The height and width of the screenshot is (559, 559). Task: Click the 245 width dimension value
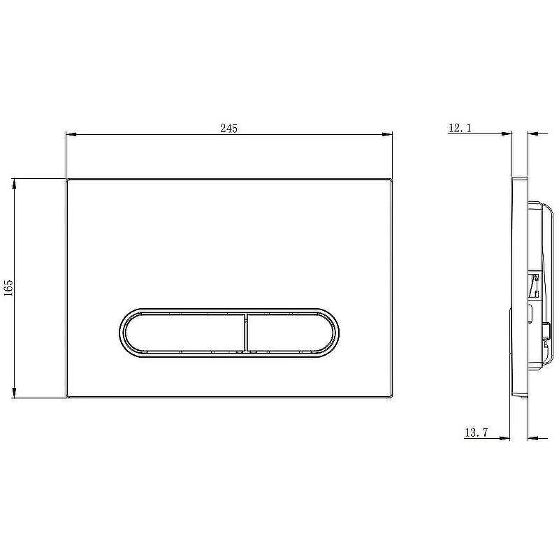pyautogui.click(x=228, y=129)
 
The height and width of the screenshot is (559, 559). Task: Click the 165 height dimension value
pyautogui.click(x=8, y=288)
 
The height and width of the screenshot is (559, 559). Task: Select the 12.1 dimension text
pyautogui.click(x=460, y=128)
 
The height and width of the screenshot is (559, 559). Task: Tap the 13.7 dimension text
pyautogui.click(x=476, y=433)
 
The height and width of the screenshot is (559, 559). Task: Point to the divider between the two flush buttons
pyautogui.click(x=246, y=333)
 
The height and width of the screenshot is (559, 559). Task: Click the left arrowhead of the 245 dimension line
pyautogui.click(x=72, y=134)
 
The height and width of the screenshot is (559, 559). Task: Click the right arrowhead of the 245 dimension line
pyautogui.click(x=387, y=134)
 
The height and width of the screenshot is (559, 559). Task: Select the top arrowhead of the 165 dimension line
pyautogui.click(x=14, y=184)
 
